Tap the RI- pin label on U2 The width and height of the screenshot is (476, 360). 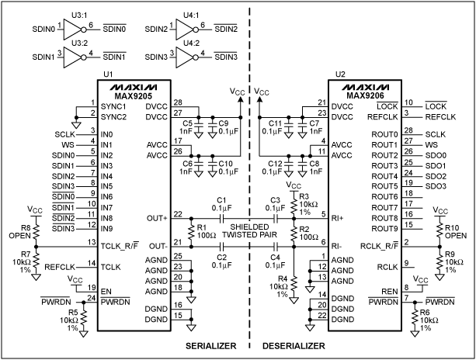click(337, 245)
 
